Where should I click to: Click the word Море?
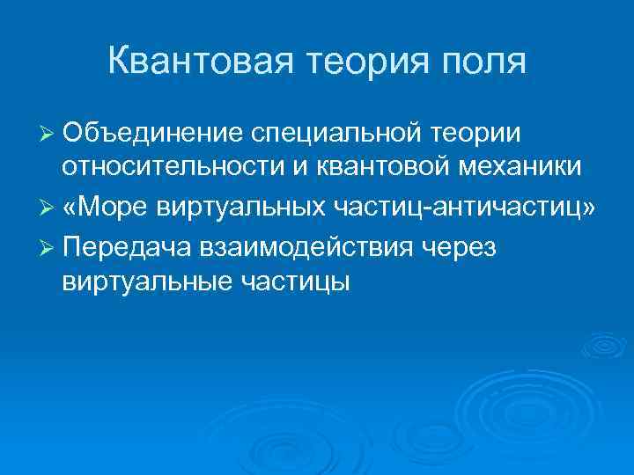click(x=116, y=207)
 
